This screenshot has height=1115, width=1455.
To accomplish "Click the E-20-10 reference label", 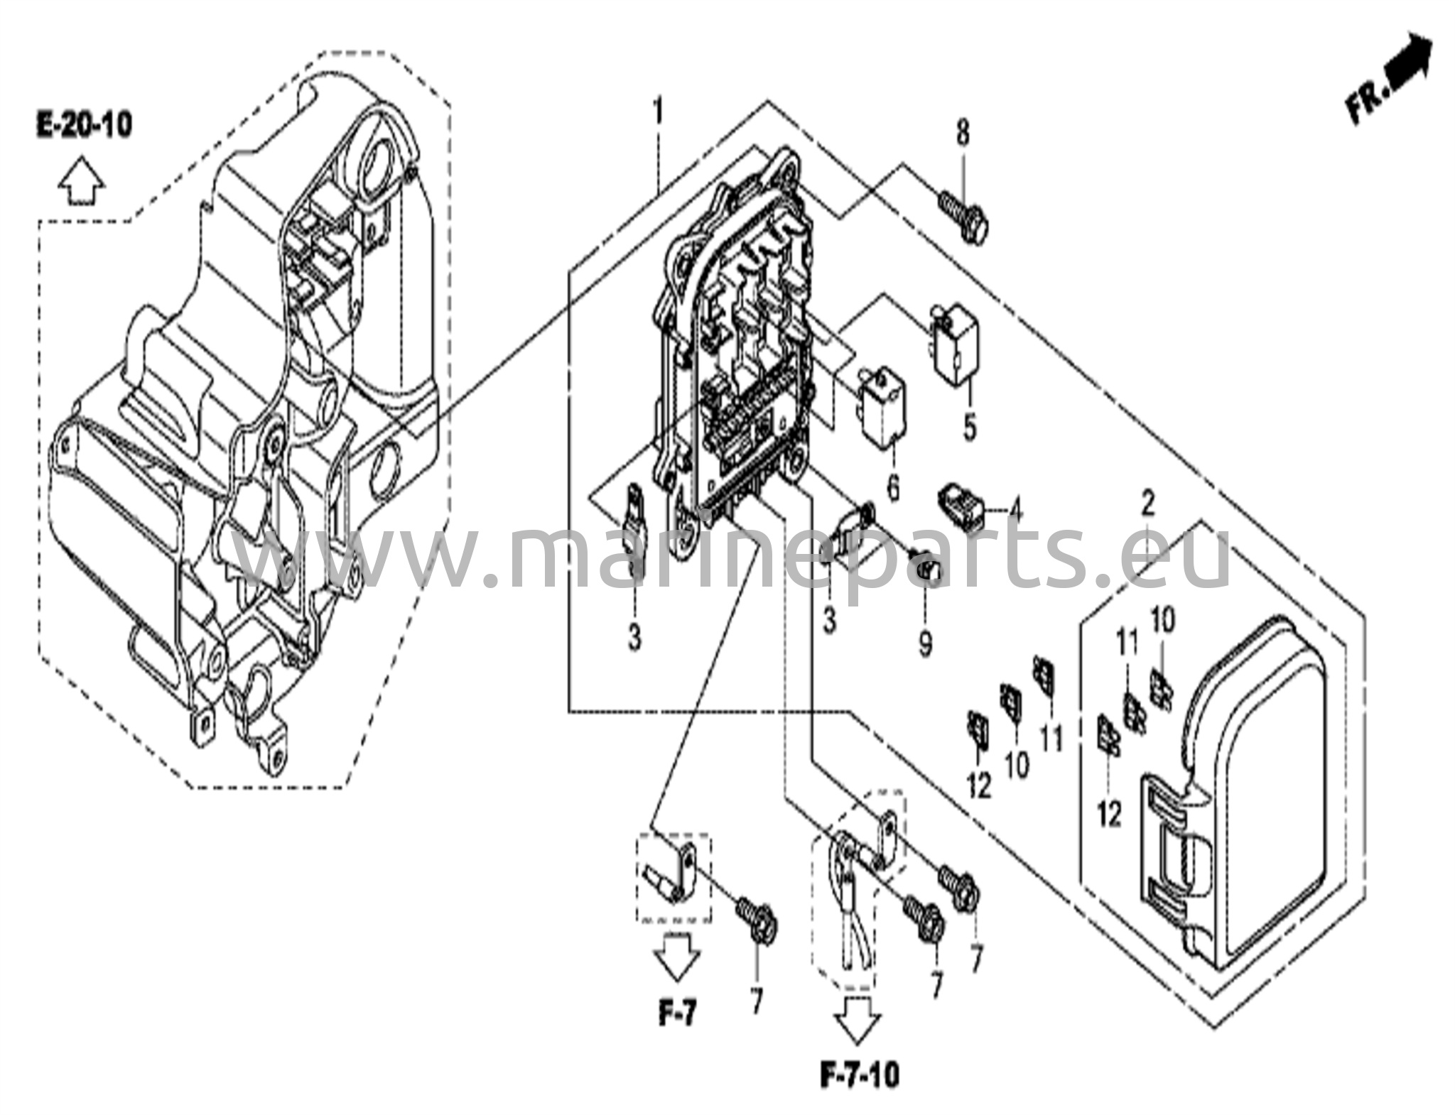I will pyautogui.click(x=84, y=126).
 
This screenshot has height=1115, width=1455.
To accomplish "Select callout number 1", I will pyautogui.click(x=659, y=112).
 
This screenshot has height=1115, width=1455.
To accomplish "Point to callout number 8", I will pyautogui.click(x=962, y=133).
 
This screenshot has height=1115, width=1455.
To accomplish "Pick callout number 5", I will pyautogui.click(x=969, y=428).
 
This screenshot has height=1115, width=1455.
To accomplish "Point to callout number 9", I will pyautogui.click(x=924, y=644).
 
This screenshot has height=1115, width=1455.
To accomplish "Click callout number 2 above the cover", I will pyautogui.click(x=1147, y=504).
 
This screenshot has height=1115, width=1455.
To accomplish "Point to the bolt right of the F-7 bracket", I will pyautogui.click(x=757, y=923).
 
